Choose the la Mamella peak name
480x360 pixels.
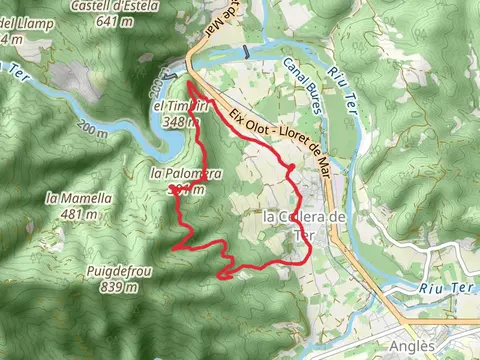[79, 198]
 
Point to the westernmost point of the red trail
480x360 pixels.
[173, 244]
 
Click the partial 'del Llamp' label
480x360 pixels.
[20, 23]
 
